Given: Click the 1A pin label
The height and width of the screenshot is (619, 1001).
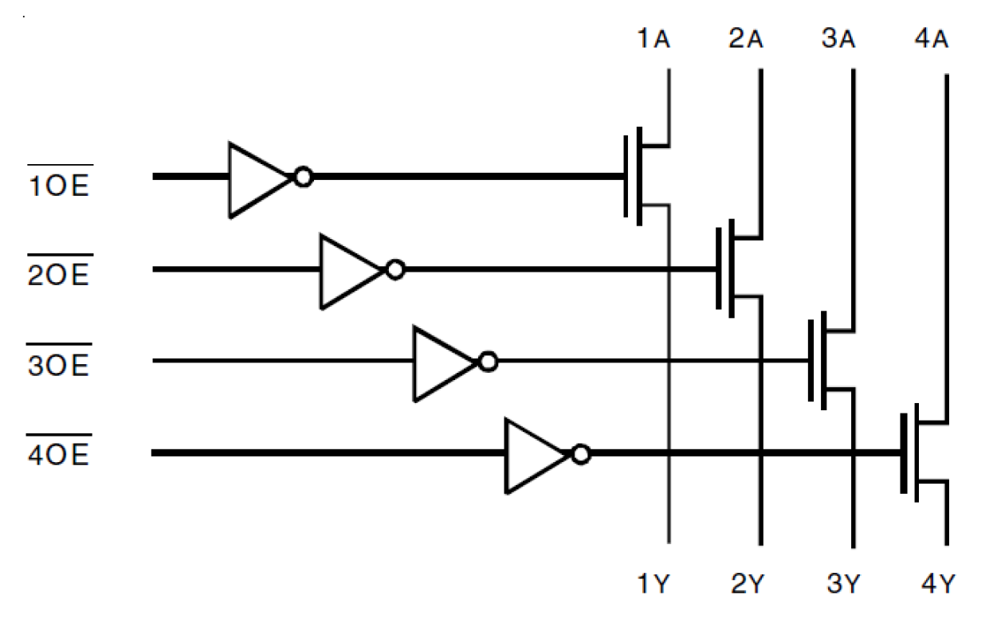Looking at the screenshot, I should pos(653,39).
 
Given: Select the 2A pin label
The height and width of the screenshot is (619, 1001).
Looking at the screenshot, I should pos(745,39).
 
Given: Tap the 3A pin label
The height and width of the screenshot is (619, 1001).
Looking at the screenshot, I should pos(838,39).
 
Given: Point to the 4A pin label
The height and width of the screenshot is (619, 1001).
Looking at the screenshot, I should pos(930,39).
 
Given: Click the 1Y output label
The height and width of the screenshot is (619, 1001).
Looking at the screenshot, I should pos(653,586).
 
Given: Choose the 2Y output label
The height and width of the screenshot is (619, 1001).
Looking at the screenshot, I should pos(747,586).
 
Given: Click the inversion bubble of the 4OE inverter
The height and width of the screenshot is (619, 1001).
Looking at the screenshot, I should pos(581,455).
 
